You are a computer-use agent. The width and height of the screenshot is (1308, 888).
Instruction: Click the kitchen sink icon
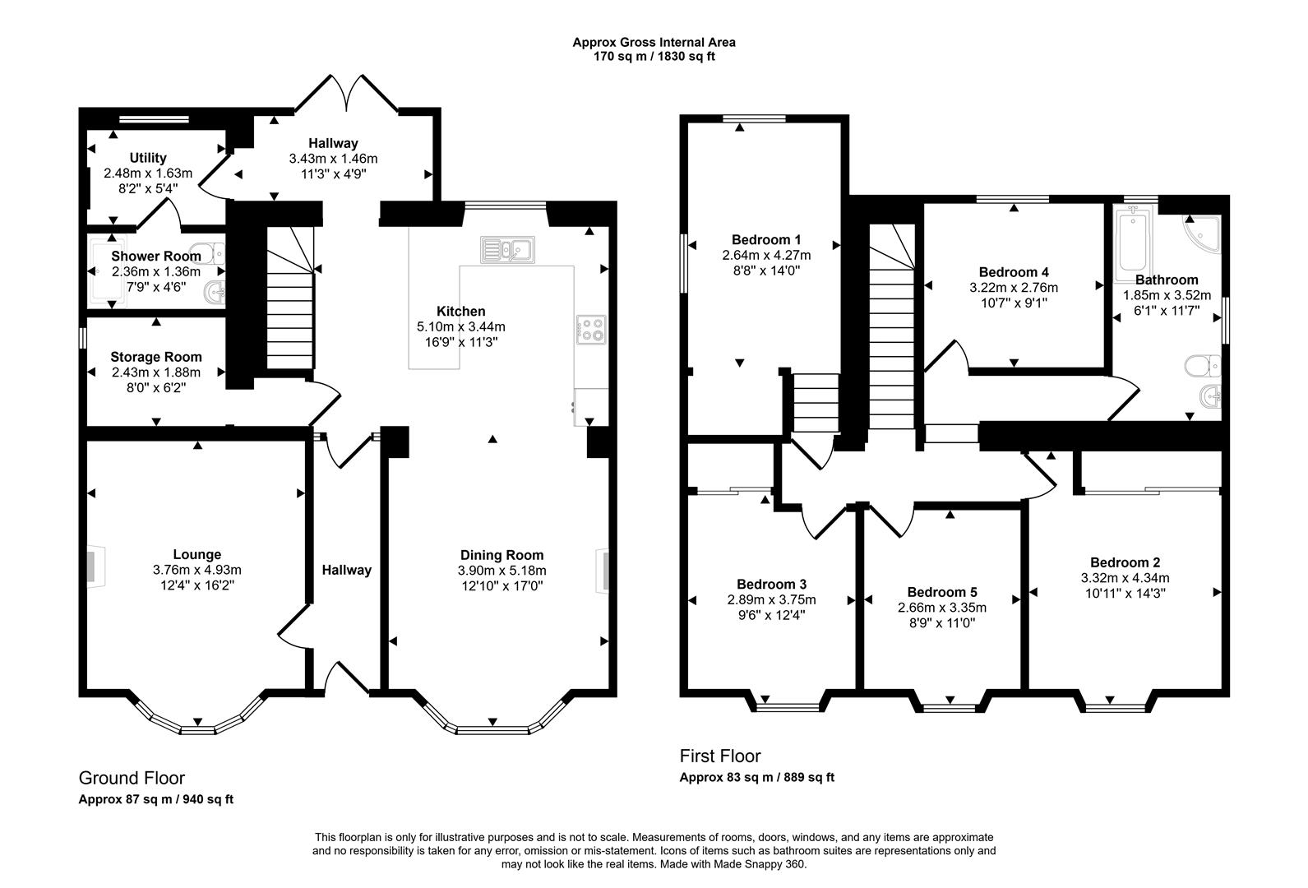[x=507, y=249]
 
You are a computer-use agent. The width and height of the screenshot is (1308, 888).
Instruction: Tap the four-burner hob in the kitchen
[x=591, y=330]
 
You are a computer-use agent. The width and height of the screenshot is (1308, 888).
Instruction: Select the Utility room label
[x=148, y=158]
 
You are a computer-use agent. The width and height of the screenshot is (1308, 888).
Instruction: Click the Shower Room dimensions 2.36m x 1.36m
[x=156, y=271]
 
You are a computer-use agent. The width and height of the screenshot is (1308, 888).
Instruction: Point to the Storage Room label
[x=156, y=357]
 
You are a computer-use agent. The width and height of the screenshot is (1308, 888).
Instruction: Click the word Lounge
[x=196, y=554]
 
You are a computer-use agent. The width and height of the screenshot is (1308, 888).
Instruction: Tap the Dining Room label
[x=501, y=555]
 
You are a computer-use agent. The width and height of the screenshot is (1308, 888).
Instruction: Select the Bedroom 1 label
[x=761, y=239]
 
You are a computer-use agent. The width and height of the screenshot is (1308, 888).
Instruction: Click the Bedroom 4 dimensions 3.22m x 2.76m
[x=1014, y=288]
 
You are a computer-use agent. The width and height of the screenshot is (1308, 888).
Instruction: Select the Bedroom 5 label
[x=942, y=592]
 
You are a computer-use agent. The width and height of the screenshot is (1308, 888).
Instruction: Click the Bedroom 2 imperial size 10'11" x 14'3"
[x=1125, y=592]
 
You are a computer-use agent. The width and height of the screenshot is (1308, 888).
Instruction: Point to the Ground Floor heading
[x=132, y=778]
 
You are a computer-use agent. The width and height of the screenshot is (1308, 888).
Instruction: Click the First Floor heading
[x=720, y=756]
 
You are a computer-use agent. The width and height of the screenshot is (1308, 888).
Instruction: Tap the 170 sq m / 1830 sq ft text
[x=654, y=57]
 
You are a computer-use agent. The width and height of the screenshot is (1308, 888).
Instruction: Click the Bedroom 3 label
[x=771, y=584]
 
